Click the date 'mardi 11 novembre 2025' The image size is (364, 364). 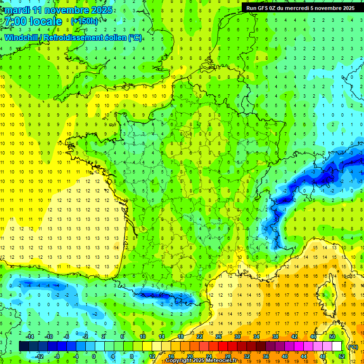pyautogui.click(x=59, y=10)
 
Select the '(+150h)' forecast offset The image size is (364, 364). pyautogui.click(x=84, y=21)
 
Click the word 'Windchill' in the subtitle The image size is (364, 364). pyautogui.click(x=20, y=37)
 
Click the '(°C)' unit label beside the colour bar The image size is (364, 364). pyautogui.click(x=352, y=347)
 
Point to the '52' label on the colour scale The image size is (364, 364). pyautogui.click(x=341, y=356)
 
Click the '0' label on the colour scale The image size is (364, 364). pyautogui.click(x=93, y=356)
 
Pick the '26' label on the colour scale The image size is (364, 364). pyautogui.click(x=218, y=337)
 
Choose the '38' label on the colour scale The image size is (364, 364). pyautogui.click(x=275, y=337)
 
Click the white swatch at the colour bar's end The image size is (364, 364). pyautogui.click(x=337, y=346)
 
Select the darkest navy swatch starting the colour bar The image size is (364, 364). pyautogui.click(x=24, y=346)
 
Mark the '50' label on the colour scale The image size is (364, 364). pyautogui.click(x=332, y=337)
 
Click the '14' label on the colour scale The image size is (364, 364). pyautogui.click(x=161, y=337)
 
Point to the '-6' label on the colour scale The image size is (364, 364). pyautogui.click(x=66, y=337)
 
